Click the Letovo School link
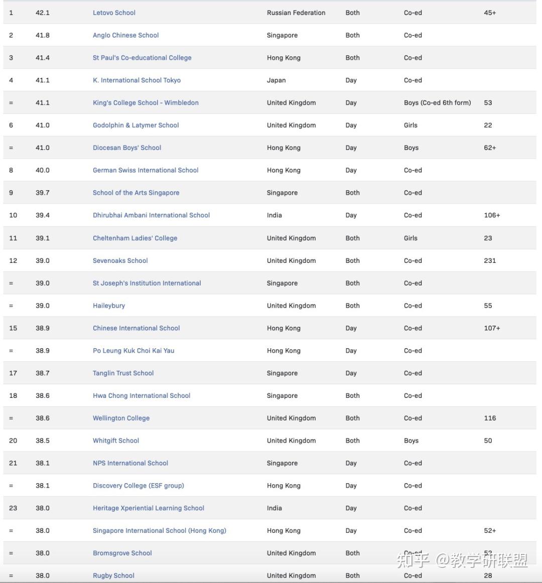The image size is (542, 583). coord(114,13)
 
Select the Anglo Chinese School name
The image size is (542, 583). coord(125,35)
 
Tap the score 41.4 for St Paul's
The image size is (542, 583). coord(43,58)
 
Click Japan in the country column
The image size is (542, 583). coord(276,80)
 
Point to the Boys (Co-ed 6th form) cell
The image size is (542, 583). coord(437,103)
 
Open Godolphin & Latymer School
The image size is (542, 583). coord(135,125)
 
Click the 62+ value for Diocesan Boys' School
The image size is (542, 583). coord(490,148)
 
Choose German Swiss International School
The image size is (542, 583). coord(146,170)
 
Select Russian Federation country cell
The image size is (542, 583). coord(296,13)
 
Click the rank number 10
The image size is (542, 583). coord(13,215)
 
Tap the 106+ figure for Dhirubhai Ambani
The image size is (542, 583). coord(492,215)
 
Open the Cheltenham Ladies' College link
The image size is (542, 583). coord(135,238)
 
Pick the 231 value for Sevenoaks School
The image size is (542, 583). coord(490,261)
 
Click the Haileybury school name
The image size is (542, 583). coord(109,306)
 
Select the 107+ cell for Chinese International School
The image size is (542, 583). coord(492,328)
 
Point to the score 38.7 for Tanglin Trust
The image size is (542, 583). coord(43,373)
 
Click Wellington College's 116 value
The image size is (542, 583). coord(490,418)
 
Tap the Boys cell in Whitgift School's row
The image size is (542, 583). coord(411,441)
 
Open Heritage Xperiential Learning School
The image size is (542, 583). coord(149,508)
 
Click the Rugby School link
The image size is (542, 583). coord(113,575)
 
